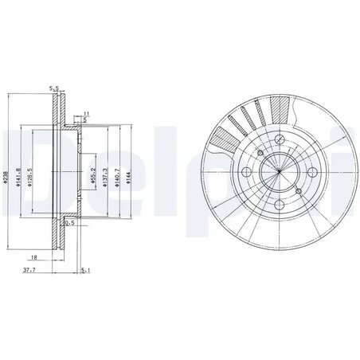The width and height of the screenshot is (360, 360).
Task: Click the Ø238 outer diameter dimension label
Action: [6, 179]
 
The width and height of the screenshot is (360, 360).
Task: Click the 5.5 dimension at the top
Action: [55, 88]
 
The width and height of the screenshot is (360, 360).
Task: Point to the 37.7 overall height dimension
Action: [29, 270]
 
